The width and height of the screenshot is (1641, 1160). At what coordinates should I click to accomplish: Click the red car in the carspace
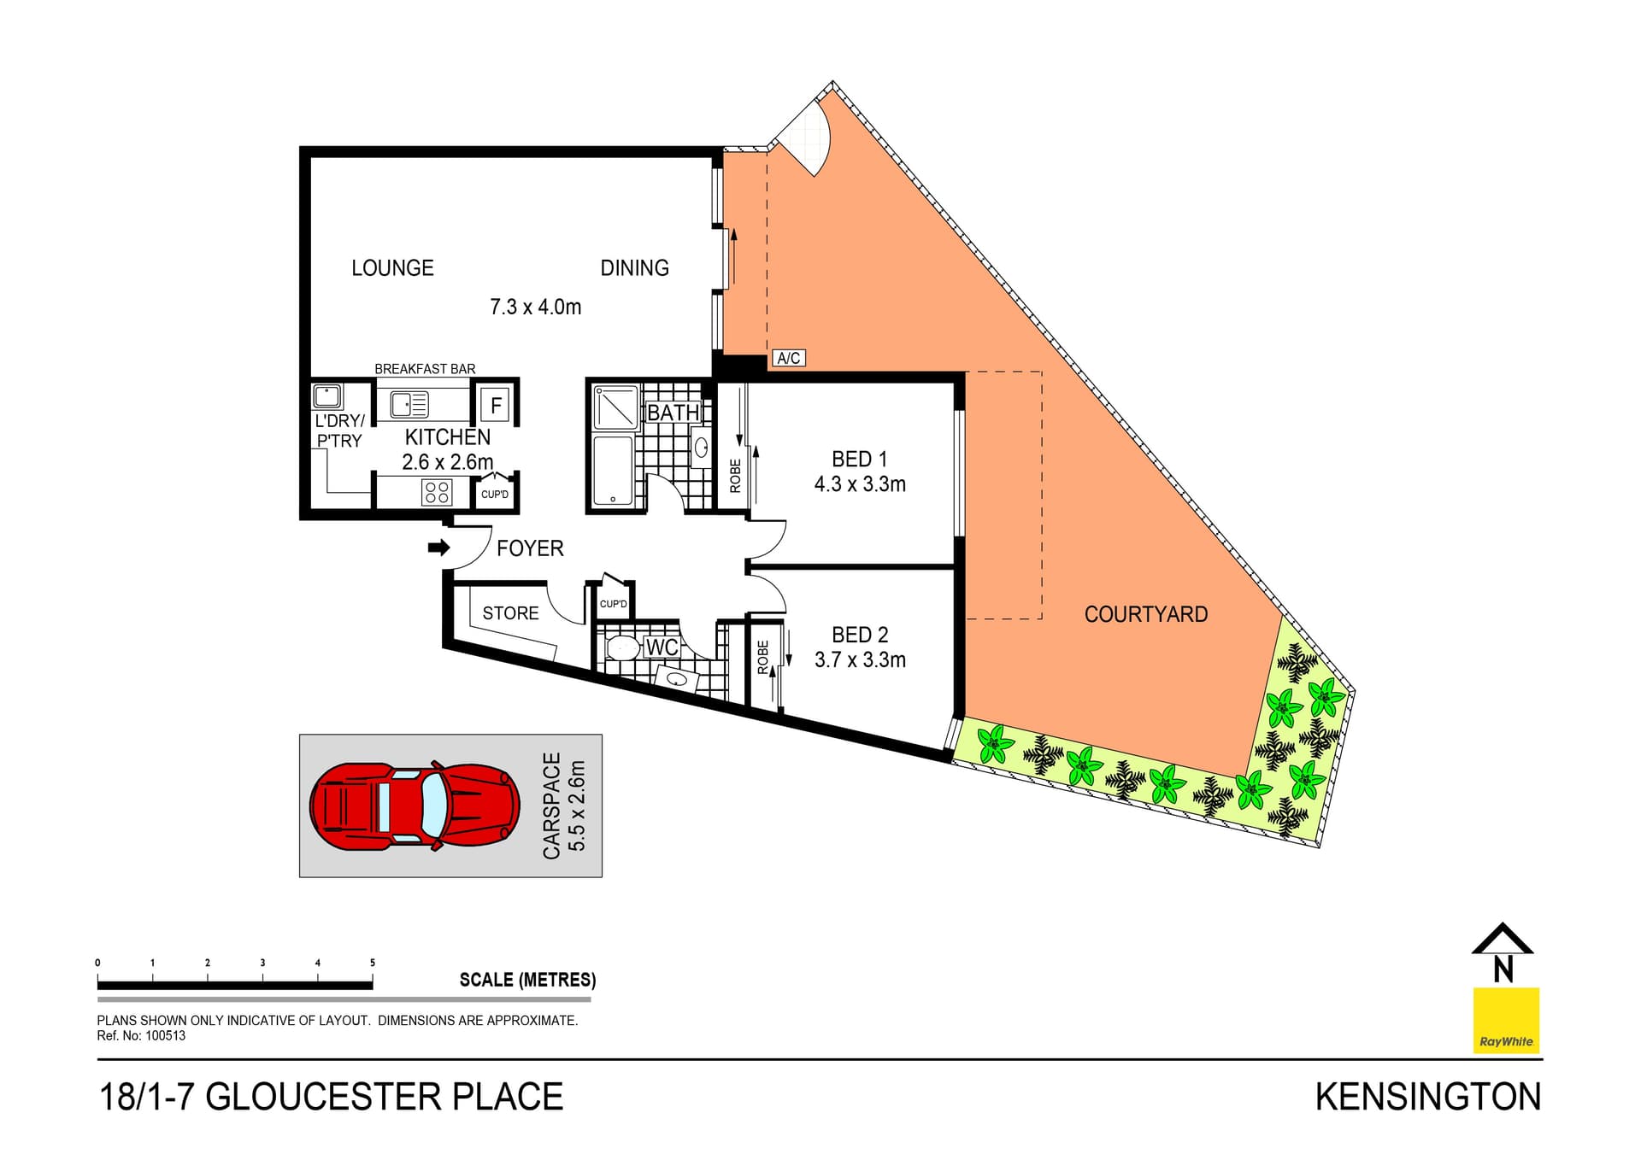click(414, 806)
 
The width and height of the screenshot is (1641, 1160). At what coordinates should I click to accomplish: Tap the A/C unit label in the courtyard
click(788, 358)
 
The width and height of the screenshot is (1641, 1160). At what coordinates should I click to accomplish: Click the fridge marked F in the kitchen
click(495, 405)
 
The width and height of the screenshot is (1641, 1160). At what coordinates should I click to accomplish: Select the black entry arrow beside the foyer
click(438, 548)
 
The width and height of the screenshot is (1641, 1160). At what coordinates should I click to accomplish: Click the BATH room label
click(673, 413)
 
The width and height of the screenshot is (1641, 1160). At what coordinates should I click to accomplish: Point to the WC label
click(662, 647)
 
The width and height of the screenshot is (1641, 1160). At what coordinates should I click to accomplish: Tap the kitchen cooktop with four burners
click(438, 492)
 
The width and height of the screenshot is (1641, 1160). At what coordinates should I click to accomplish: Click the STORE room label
click(510, 613)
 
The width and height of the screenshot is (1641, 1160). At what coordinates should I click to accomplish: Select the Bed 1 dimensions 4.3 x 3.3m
click(860, 484)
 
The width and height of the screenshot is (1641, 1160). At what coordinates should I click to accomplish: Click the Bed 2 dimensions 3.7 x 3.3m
click(860, 659)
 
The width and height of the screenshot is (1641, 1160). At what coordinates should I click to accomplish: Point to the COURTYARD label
click(1145, 614)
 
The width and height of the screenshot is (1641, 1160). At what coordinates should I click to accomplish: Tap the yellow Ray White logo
click(1506, 1020)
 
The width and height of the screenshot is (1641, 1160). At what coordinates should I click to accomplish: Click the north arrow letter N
click(1503, 970)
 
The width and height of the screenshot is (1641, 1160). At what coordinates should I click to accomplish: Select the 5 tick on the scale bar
click(373, 963)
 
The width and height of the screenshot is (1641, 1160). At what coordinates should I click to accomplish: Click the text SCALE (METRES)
click(527, 980)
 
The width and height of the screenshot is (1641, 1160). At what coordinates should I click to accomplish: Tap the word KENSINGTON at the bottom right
click(1427, 1097)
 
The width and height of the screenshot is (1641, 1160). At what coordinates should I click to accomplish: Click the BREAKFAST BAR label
click(425, 369)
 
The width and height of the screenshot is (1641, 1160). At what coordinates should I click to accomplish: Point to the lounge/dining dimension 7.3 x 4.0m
click(535, 307)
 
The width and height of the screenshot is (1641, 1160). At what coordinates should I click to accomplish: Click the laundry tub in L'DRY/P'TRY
click(327, 396)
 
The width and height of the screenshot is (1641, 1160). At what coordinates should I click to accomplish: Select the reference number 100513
click(165, 1035)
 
